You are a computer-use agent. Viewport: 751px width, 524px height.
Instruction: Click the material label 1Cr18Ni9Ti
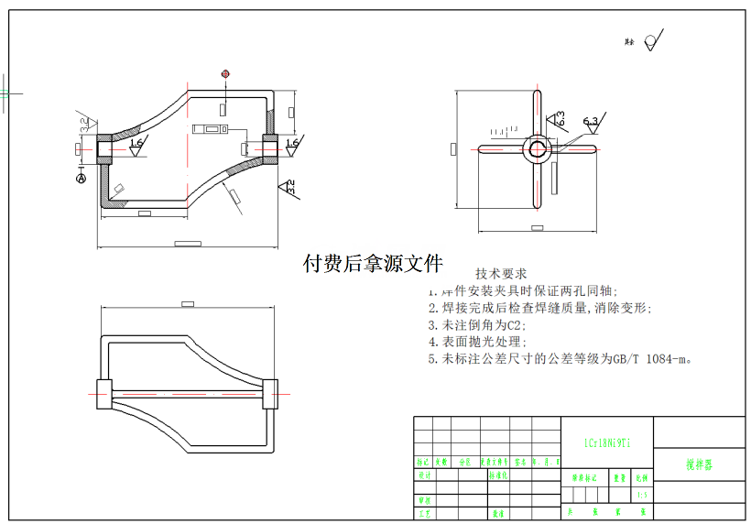coord(607,442)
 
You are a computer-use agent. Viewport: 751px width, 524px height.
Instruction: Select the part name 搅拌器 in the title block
coord(699,465)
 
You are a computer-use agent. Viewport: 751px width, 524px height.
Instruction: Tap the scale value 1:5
coord(641,496)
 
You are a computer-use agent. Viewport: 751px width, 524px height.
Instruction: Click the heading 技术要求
coord(501,273)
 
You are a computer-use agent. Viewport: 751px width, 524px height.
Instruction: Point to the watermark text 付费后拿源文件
coord(373,264)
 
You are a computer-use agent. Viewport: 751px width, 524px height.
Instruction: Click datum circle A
coord(81,180)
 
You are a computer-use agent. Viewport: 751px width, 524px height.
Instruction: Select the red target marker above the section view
coord(225,73)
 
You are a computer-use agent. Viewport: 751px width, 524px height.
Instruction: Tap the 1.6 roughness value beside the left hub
coord(136,144)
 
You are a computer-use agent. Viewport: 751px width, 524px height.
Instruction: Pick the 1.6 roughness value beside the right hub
coord(292,144)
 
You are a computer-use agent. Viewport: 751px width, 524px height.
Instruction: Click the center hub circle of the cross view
coord(537,148)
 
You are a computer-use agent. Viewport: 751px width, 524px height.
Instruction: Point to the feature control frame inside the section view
coord(214,130)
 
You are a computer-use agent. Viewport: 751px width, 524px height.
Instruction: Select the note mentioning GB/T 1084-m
coord(560,358)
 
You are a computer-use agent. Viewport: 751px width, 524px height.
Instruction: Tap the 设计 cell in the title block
coord(424,476)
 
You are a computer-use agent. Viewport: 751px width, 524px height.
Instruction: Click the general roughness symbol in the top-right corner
coord(652,40)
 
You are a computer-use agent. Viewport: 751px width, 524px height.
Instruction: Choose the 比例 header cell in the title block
coord(641,478)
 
